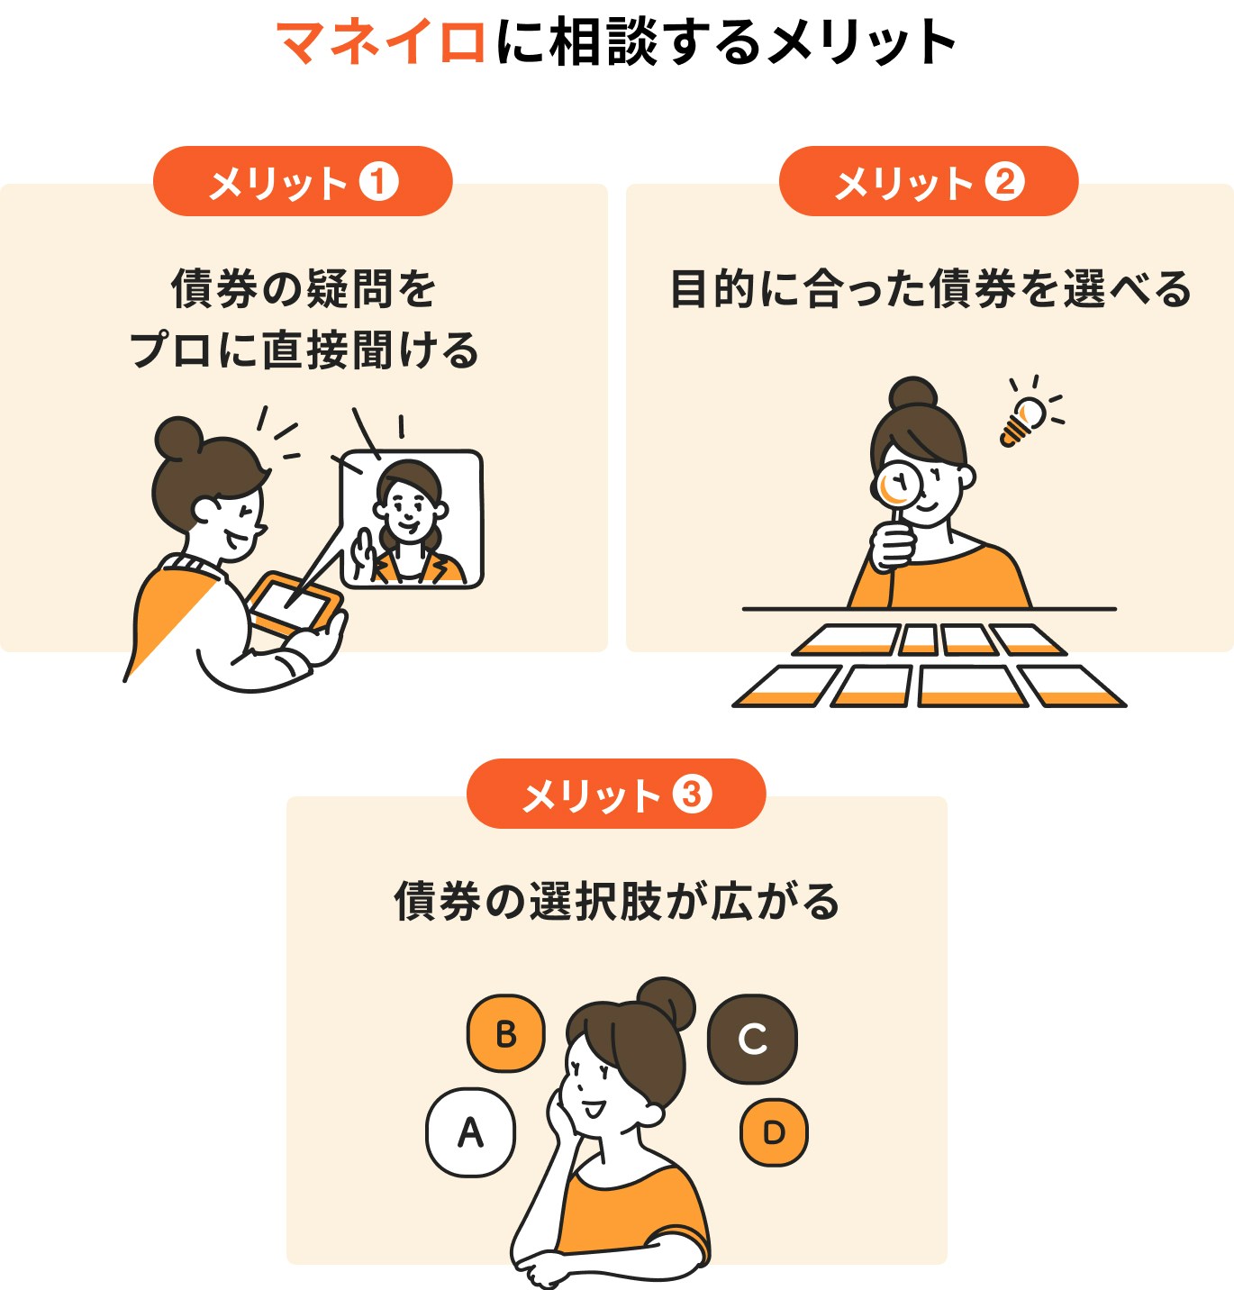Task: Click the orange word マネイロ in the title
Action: tap(382, 42)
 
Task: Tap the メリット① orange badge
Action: tap(302, 182)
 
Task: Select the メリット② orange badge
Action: tap(928, 182)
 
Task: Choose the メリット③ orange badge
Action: tap(615, 795)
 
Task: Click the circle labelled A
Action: tap(470, 1132)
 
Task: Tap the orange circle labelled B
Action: tap(505, 1033)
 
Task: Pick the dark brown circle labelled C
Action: tap(752, 1039)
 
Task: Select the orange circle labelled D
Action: tap(774, 1132)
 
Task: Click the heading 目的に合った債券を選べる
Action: tap(930, 290)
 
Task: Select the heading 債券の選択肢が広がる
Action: tap(617, 902)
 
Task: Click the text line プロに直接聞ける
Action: tap(304, 350)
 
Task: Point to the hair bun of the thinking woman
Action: tap(667, 1003)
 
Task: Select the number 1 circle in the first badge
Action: tap(379, 182)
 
